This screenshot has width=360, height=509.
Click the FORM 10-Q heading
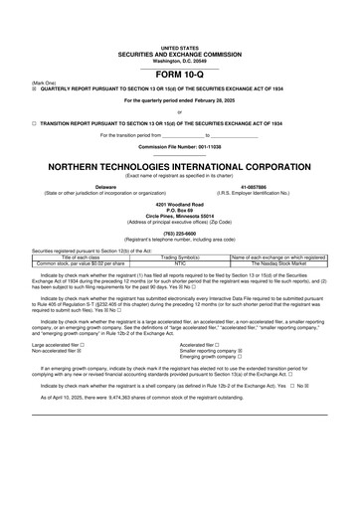(179, 76)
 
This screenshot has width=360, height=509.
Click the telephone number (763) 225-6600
(179, 235)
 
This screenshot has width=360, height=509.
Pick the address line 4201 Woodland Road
(179, 202)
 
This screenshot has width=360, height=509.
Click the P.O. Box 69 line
(179, 208)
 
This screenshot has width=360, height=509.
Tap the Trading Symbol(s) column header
(181, 256)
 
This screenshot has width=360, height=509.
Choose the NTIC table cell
(181, 262)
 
